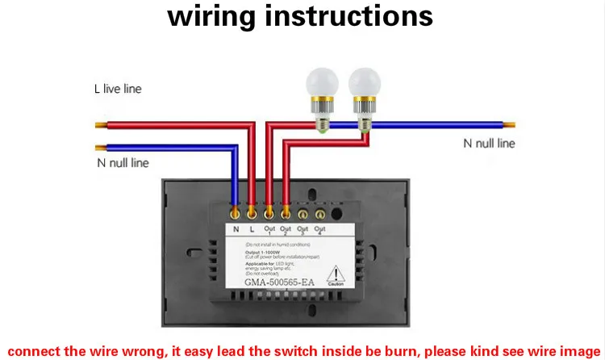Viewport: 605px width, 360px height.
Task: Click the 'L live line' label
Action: tap(117, 88)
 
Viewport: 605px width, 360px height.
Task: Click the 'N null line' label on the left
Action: tap(118, 163)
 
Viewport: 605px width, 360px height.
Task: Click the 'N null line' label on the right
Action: tap(489, 144)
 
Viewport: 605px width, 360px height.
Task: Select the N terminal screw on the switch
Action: tap(235, 213)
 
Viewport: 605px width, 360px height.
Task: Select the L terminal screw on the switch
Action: tap(252, 213)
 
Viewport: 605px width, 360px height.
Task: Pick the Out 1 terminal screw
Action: tap(269, 213)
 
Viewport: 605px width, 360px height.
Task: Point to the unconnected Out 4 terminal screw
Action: tap(320, 214)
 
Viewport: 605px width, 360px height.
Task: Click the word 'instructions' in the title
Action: tap(350, 16)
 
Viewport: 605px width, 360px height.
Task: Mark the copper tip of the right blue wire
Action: tap(510, 125)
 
